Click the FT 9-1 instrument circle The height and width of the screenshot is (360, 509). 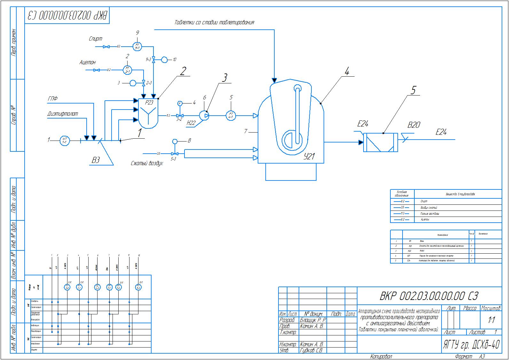pos(137,46)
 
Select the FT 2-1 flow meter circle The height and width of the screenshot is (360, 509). pos(127,69)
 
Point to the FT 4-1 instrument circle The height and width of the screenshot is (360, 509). pos(231,115)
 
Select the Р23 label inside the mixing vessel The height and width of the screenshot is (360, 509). pos(149,103)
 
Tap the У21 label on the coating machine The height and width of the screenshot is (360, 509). pos(309,156)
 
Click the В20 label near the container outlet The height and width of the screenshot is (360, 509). pos(414,125)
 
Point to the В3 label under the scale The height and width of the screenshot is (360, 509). pos(96,160)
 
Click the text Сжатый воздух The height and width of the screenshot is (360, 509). pos(147,163)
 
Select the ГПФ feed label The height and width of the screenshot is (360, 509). pos(53,99)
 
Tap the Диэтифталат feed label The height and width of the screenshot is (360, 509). pos(63,113)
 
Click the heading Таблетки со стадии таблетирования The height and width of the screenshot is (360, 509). pos(214,22)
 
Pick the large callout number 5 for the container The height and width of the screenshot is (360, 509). pos(413,90)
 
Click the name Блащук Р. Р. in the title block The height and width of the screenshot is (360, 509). pos(312,320)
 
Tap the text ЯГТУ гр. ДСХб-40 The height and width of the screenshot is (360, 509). pos(471,345)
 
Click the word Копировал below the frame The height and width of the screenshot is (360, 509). pos(381,356)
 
